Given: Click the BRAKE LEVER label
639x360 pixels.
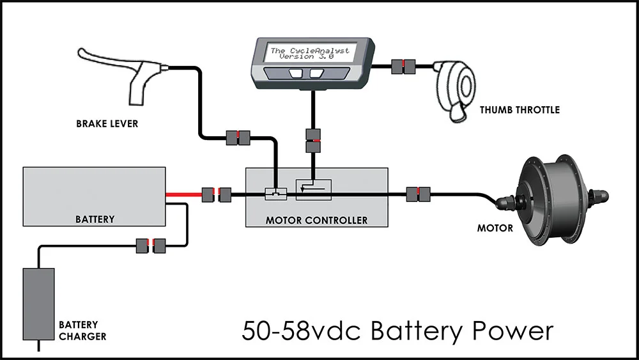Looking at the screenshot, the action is pos(107,123).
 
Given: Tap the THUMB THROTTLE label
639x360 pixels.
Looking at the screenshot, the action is pos(520,110).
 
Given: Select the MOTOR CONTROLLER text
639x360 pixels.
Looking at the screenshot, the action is pos(317,220).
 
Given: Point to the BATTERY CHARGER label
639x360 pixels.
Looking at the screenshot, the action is pos(82,331).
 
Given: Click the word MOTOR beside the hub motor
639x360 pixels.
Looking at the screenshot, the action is pos(495,228).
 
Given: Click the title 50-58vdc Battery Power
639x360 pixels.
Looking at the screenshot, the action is pos(397,330).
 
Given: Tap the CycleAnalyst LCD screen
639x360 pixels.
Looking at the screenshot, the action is pos(310,53).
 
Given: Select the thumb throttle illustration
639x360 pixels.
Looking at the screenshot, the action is pos(454,91).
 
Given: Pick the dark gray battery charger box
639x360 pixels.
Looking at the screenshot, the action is pos(39,304).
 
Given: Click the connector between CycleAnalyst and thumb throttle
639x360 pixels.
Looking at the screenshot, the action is pos(403,67).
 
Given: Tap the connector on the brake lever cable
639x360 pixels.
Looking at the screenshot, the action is pos(238,138).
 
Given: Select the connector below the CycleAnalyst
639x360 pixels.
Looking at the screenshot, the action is pos(313,141).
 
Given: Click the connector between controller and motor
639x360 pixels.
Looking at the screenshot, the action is pos(418,194).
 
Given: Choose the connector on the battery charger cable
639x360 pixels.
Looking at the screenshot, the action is pos(151,246).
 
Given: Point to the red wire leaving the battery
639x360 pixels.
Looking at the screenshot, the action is pos(184,195).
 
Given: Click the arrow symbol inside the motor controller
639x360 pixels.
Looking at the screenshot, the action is pos(313,189).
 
